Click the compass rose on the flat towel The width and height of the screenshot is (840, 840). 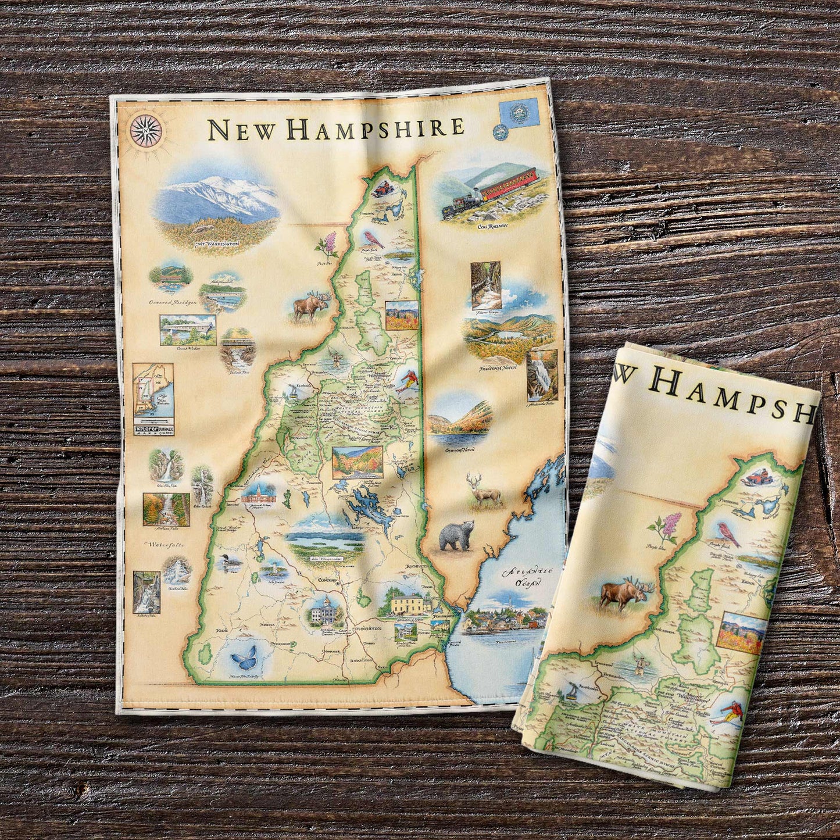[146, 130]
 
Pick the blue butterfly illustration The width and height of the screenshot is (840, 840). [244, 659]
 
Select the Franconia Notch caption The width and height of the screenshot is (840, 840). [498, 368]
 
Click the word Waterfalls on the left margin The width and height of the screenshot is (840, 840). [162, 545]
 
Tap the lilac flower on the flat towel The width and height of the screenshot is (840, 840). [328, 245]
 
